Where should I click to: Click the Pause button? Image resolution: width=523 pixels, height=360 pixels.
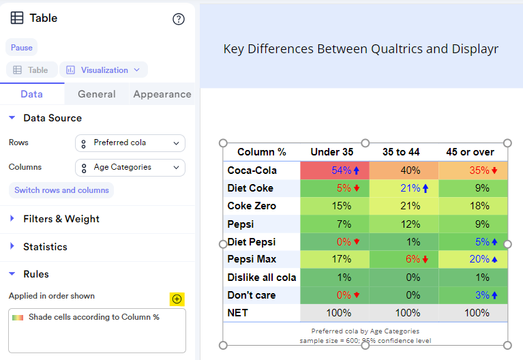pyautogui.click(x=21, y=48)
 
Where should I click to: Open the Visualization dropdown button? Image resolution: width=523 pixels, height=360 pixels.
pyautogui.click(x=104, y=70)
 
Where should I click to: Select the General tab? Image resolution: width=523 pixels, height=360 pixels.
pyautogui.click(x=96, y=94)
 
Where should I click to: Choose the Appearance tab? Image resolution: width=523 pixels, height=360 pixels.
pyautogui.click(x=162, y=94)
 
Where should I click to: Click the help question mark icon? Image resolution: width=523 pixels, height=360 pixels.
pyautogui.click(x=179, y=19)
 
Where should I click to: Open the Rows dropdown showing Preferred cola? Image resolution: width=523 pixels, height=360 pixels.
pyautogui.click(x=130, y=143)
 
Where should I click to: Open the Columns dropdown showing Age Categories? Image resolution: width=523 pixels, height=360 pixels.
pyautogui.click(x=130, y=167)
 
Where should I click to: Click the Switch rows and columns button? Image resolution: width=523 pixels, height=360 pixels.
pyautogui.click(x=61, y=190)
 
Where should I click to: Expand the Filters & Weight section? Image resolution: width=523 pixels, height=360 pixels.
pyautogui.click(x=61, y=219)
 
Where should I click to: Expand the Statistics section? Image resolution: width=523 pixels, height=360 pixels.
pyautogui.click(x=45, y=247)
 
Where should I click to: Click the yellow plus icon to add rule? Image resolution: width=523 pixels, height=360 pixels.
pyautogui.click(x=177, y=299)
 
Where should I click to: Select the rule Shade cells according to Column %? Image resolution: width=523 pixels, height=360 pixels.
pyautogui.click(x=93, y=317)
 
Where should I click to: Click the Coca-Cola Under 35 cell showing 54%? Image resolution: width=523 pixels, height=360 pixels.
pyautogui.click(x=334, y=170)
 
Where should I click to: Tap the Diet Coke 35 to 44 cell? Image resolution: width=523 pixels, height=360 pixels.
pyautogui.click(x=404, y=188)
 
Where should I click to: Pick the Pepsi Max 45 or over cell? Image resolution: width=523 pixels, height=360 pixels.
pyautogui.click(x=473, y=259)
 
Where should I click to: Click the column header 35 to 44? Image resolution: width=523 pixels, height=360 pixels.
pyautogui.click(x=401, y=152)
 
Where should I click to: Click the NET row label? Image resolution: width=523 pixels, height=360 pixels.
pyautogui.click(x=238, y=313)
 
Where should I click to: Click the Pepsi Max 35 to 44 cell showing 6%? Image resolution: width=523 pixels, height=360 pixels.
pyautogui.click(x=404, y=259)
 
